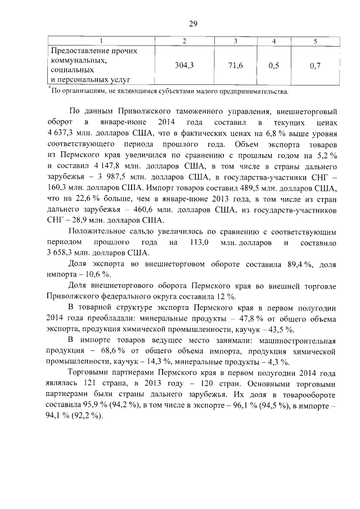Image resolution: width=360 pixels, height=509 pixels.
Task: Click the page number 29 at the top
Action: click(192, 23)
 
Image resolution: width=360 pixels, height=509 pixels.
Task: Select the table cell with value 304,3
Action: click(184, 66)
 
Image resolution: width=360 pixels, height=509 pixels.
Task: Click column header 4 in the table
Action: click(274, 42)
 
